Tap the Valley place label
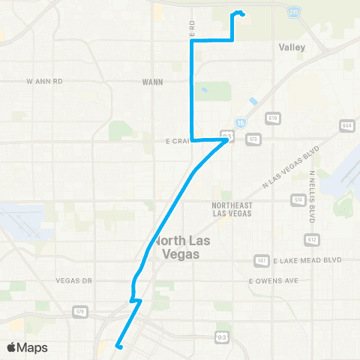(x=292, y=46)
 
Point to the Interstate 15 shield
(x=239, y=121)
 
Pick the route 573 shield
(x=253, y=139)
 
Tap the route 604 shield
(x=346, y=124)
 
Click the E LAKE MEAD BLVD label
(x=307, y=260)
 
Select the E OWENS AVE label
(x=274, y=280)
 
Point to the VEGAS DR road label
(x=73, y=280)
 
